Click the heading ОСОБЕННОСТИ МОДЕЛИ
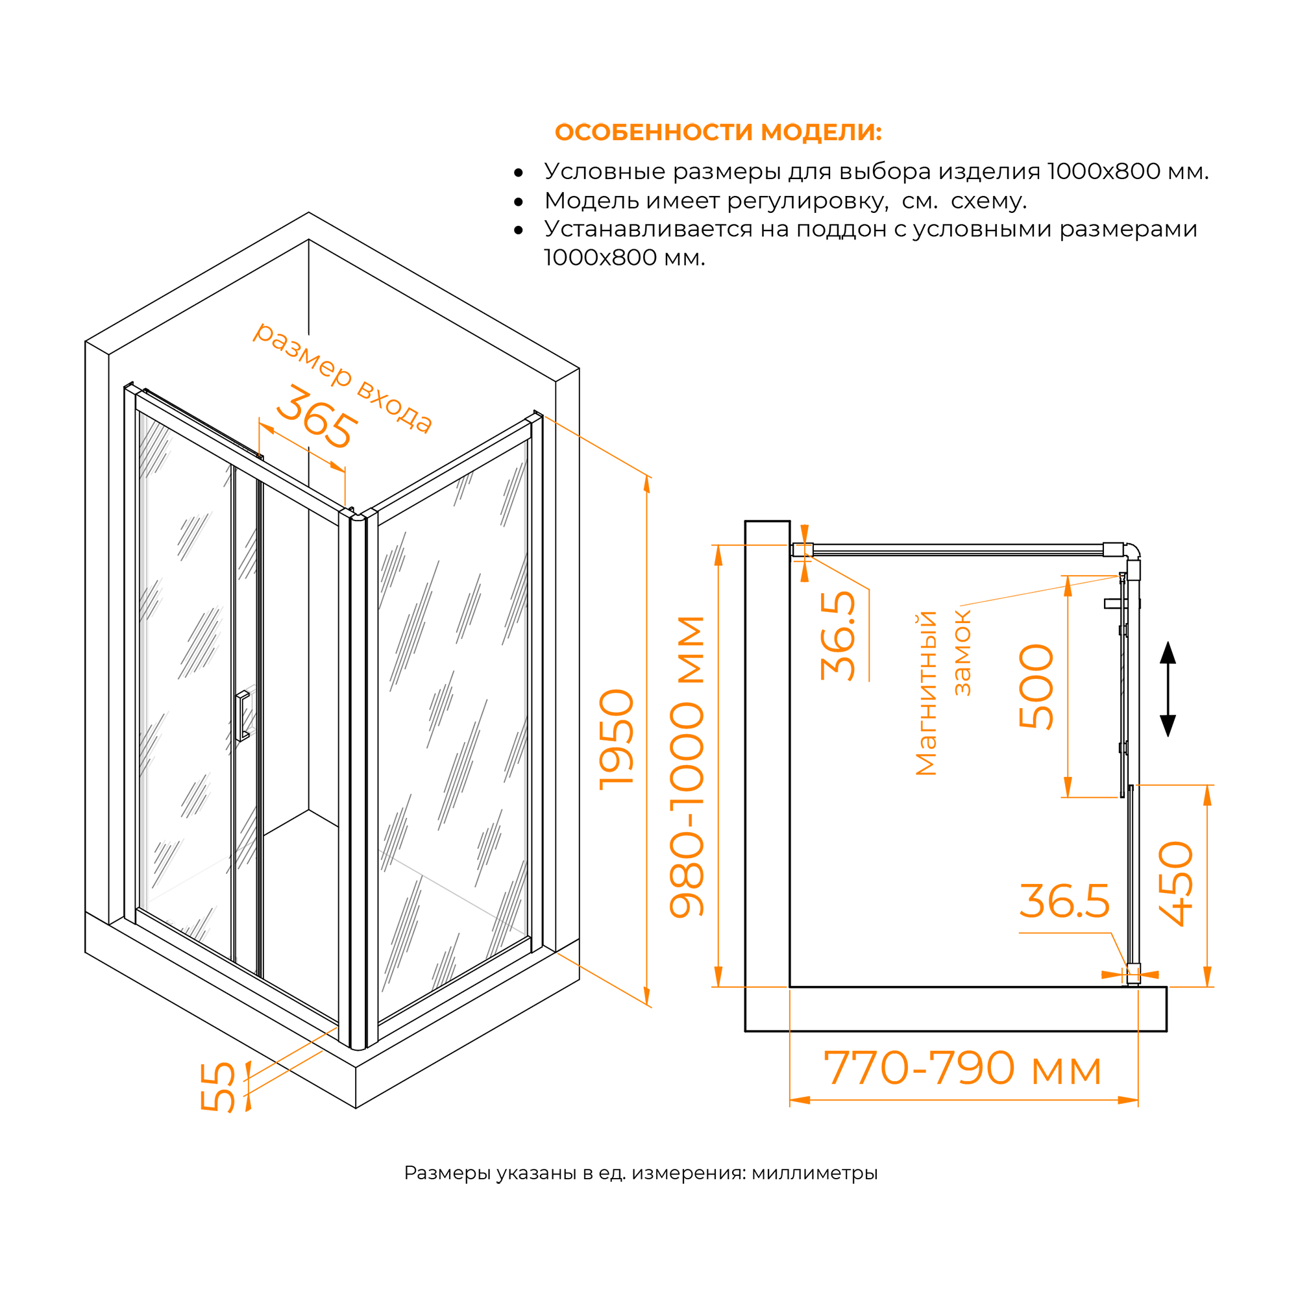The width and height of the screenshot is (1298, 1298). tap(718, 132)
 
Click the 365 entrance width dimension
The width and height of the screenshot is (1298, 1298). tap(316, 417)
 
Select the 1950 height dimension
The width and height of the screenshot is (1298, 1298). tap(616, 739)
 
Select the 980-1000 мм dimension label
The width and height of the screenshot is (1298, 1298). tap(687, 766)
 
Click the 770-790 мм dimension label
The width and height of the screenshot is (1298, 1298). tap(962, 1068)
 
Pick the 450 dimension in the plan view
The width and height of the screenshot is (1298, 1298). tap(1176, 883)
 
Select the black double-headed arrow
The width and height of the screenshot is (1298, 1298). tap(1168, 689)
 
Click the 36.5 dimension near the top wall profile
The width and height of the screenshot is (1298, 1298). tap(838, 635)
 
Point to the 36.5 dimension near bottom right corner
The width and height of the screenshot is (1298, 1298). tap(1064, 901)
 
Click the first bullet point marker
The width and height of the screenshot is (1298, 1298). tap(518, 173)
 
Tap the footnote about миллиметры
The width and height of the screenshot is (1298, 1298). tap(641, 1173)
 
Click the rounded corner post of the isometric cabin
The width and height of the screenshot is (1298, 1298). tap(358, 779)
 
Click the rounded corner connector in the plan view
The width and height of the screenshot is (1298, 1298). tap(1133, 550)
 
